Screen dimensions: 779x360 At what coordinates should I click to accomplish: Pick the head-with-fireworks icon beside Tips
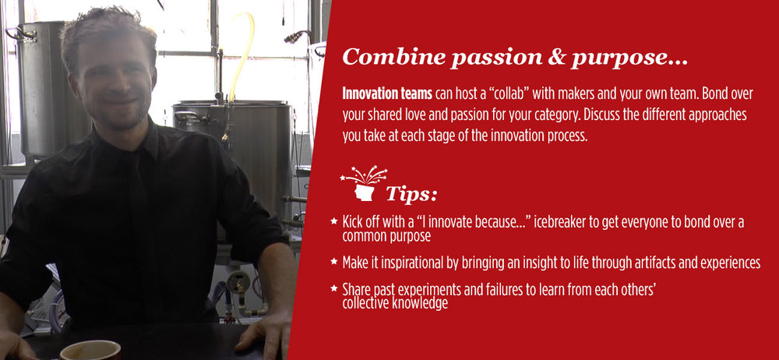click(x=364, y=183)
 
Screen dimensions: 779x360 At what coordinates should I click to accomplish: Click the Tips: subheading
click(x=411, y=194)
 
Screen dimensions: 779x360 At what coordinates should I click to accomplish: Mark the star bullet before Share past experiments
click(x=334, y=288)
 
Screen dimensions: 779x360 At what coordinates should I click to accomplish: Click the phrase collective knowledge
click(x=395, y=303)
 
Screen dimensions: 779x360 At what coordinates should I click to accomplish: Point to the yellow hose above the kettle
click(x=240, y=55)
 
